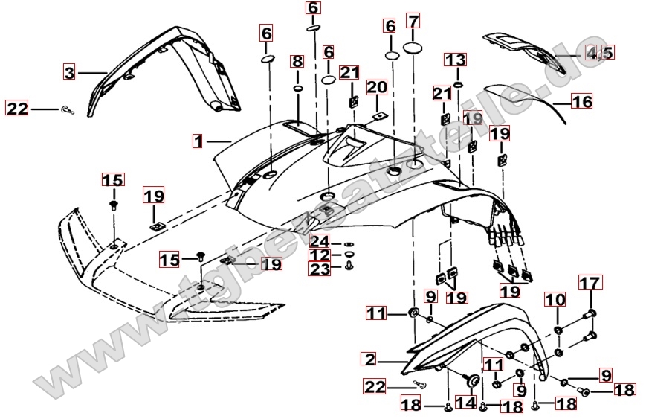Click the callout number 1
[x=198, y=139]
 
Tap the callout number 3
[x=69, y=72]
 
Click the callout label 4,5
[x=600, y=53]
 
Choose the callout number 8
[x=297, y=61]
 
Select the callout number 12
[x=320, y=256]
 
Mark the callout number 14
[x=466, y=402]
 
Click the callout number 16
[x=582, y=100]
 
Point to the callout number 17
[x=589, y=283]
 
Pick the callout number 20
[x=377, y=87]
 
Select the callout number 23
[x=320, y=270]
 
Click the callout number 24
[x=320, y=241]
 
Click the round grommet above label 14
[x=470, y=380]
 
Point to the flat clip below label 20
[x=378, y=115]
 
